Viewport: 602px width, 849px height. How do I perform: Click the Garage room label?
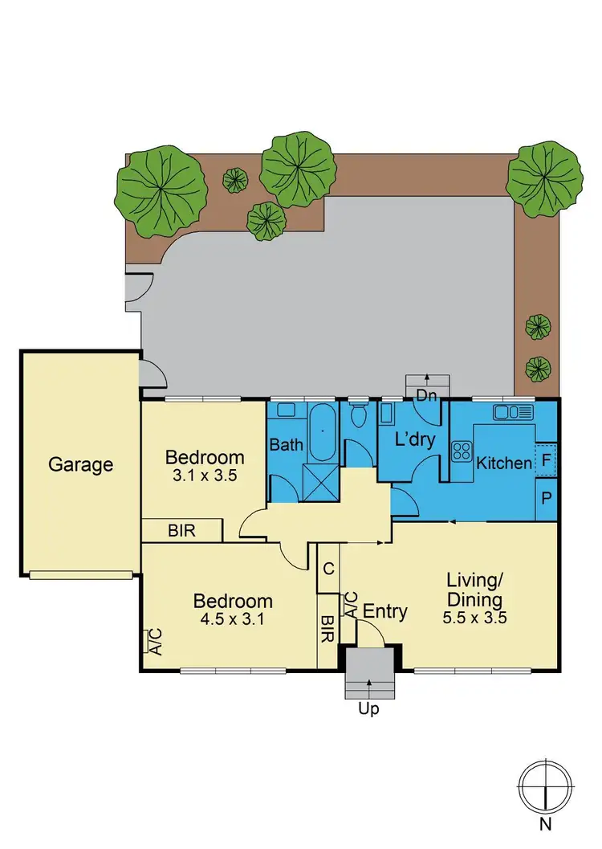(x=80, y=464)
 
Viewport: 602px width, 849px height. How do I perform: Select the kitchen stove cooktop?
(x=462, y=451)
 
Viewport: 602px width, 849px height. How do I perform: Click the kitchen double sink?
(x=514, y=413)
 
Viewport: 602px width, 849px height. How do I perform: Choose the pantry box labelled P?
(x=546, y=498)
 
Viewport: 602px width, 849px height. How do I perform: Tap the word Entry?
(x=385, y=612)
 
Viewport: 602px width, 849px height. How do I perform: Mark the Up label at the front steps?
(x=368, y=709)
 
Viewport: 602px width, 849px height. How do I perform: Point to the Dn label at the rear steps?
(x=425, y=394)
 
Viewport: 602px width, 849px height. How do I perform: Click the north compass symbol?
(x=545, y=787)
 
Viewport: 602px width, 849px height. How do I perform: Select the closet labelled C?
(x=329, y=569)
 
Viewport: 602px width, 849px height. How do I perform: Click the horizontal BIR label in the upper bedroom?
(x=181, y=531)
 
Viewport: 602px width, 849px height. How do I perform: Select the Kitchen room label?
(x=503, y=463)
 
